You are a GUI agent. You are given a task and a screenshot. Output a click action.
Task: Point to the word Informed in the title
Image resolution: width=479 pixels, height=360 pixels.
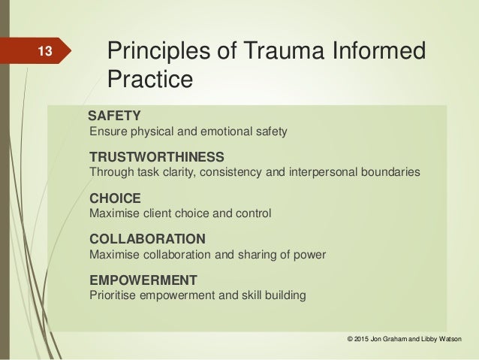coord(380,51)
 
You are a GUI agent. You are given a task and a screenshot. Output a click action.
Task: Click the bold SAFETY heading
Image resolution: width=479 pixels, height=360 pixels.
coord(114,116)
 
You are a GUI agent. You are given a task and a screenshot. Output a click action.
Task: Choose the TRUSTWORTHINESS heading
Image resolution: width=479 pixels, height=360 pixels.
coord(156,158)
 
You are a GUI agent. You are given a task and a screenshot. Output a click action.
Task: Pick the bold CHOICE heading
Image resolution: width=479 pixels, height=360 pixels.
coord(115,199)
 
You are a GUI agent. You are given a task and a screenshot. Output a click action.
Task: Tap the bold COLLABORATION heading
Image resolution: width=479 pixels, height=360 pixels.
coord(147,240)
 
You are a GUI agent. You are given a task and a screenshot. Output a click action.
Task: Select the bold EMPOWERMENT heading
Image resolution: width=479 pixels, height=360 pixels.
coord(143,280)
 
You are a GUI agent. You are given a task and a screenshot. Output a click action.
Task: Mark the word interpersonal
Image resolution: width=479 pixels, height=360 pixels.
coord(318,174)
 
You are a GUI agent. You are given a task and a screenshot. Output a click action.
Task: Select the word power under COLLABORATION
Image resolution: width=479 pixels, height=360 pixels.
coord(310,255)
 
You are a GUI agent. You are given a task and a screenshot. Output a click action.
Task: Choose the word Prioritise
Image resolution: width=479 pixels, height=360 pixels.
coord(113,295)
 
